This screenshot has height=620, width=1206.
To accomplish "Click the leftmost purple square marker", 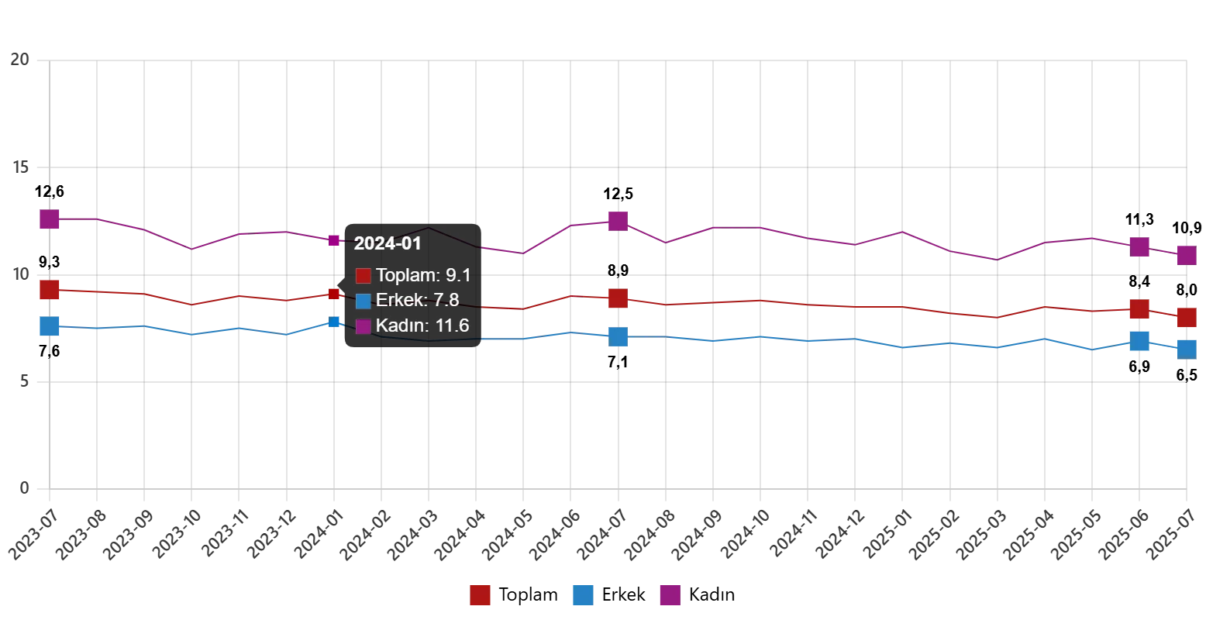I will (50, 219).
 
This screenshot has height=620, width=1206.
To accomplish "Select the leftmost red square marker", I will (50, 290).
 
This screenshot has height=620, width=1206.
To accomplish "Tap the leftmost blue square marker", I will (50, 326).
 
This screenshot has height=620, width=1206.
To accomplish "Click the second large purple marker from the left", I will (618, 221).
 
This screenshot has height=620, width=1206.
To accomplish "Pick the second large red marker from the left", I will (618, 298).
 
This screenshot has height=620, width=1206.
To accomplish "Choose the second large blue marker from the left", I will (618, 336).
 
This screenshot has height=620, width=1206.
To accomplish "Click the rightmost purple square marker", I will (1185, 255).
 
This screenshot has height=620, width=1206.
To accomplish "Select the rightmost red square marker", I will (1185, 317).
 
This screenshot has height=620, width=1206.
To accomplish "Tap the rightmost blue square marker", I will (1185, 349).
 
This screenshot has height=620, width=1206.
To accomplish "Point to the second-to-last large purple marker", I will (1139, 247).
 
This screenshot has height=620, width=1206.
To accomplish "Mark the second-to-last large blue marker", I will (1139, 341).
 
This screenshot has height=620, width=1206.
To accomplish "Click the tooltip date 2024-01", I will (388, 243).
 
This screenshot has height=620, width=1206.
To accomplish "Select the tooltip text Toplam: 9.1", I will (423, 275).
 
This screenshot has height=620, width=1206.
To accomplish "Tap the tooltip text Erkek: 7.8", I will (417, 300).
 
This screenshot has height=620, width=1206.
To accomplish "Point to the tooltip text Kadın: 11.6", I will (422, 325).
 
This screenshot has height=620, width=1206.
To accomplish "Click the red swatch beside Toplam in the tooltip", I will (363, 276).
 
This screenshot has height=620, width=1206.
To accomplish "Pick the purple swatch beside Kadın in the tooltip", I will (363, 326).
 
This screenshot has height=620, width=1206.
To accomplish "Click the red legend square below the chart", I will (480, 595).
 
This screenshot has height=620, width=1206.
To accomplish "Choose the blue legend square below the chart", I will (583, 595).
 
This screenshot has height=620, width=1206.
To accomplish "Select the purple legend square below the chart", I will (670, 595).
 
